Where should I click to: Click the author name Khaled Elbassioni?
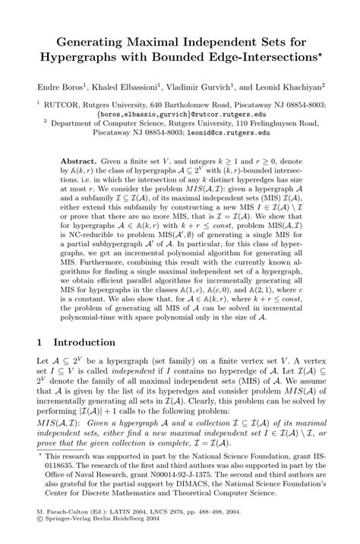[x=133, y=87]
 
